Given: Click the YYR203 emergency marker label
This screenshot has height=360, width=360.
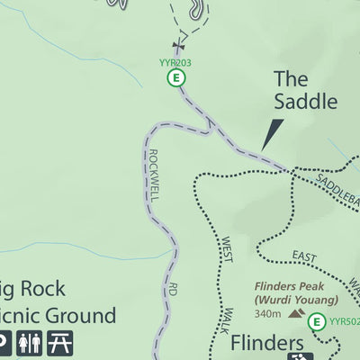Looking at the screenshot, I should point(175,63).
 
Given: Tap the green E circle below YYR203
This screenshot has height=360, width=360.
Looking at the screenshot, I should point(176,78).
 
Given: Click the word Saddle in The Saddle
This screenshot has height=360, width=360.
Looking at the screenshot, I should point(302,104).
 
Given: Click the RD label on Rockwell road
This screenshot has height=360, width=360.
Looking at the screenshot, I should point(171,291).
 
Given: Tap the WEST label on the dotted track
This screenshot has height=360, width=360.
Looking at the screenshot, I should point(226,249).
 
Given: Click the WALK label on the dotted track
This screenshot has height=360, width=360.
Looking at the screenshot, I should point(228,320).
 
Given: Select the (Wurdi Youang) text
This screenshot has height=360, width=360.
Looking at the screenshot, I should point(295,301).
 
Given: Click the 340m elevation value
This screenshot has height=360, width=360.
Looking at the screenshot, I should point(267,314).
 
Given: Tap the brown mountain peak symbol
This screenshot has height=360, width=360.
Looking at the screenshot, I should point(293,314).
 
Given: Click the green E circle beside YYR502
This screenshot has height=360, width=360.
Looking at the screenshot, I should point(316,321).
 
